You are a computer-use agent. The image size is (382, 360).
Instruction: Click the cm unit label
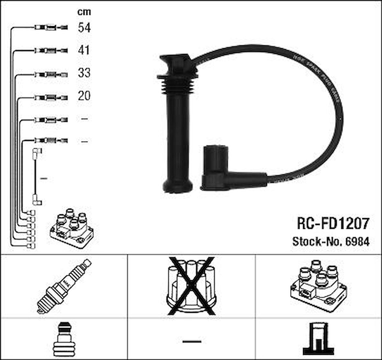pos(84,12)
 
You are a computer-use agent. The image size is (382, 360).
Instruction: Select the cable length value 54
pos(84,28)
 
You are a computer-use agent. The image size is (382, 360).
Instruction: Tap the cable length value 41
pos(84,50)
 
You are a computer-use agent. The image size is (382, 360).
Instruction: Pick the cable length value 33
pos(84,73)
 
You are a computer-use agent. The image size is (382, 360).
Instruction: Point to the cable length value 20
pos(84,96)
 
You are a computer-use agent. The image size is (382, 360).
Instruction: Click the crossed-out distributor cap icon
pos(191,285)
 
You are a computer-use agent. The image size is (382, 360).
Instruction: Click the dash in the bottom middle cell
pos(192,341)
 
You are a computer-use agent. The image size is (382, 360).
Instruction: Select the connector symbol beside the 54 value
pos(51,28)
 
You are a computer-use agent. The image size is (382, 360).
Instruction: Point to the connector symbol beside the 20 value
pos(51,96)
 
